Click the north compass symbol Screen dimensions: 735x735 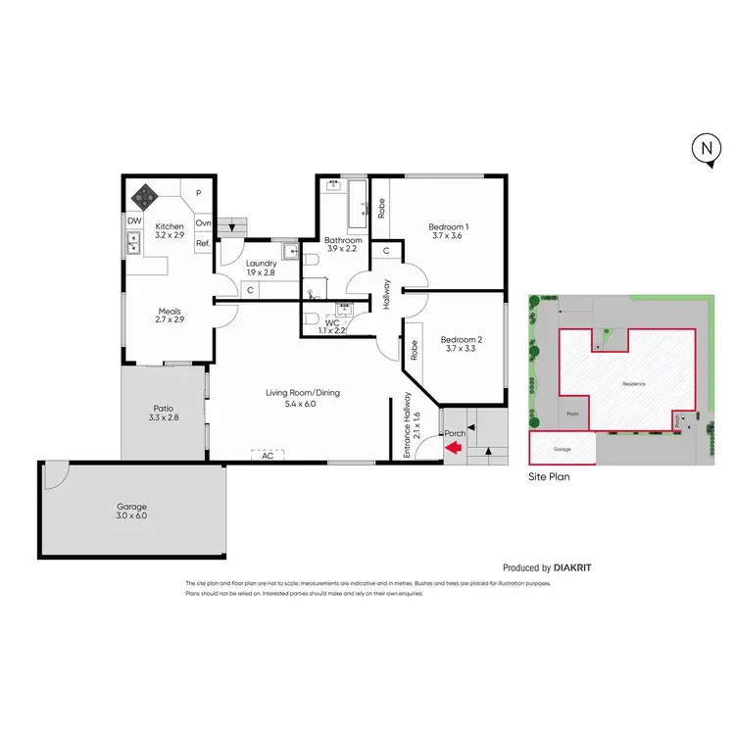pyautogui.click(x=705, y=150)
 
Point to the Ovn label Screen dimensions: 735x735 pyautogui.click(x=203, y=222)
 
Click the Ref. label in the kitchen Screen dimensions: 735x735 pyautogui.click(x=203, y=243)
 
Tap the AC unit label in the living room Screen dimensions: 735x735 pyautogui.click(x=267, y=456)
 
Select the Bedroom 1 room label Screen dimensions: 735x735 pyautogui.click(x=449, y=227)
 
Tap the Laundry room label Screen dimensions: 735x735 pyautogui.click(x=261, y=263)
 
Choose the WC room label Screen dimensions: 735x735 pyautogui.click(x=333, y=321)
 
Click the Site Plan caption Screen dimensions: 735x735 pyautogui.click(x=549, y=478)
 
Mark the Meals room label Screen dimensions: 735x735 pyautogui.click(x=171, y=315)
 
